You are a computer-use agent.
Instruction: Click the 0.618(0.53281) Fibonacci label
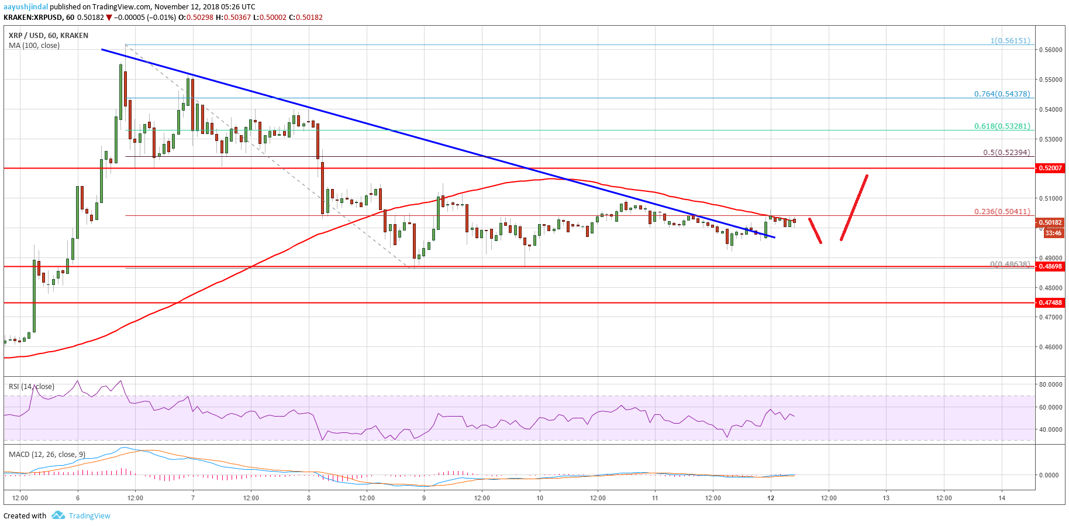[1002, 126]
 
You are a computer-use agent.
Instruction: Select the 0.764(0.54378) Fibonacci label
[1002, 94]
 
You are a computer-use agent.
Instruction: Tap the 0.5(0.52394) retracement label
[1006, 153]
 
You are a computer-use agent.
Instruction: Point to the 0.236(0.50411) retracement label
[1002, 212]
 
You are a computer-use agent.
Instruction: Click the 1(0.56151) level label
[1010, 41]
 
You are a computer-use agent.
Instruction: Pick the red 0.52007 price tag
[1050, 168]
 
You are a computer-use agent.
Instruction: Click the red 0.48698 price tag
[1050, 266]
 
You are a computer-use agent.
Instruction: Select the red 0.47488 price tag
[1050, 302]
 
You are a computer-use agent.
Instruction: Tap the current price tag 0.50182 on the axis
[1050, 222]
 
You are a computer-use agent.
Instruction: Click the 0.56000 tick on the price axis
[1050, 50]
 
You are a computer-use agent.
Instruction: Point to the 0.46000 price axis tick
[1050, 347]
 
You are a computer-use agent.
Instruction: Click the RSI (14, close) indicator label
[32, 386]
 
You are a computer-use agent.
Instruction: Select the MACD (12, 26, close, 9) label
[47, 454]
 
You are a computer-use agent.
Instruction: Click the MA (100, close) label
[34, 46]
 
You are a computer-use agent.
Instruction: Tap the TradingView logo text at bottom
[89, 515]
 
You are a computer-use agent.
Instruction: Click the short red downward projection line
[815, 231]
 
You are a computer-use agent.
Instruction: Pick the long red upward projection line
[854, 208]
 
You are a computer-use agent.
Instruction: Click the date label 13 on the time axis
[886, 498]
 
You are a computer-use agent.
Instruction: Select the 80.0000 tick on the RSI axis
[1050, 384]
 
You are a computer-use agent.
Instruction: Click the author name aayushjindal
[26, 6]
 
